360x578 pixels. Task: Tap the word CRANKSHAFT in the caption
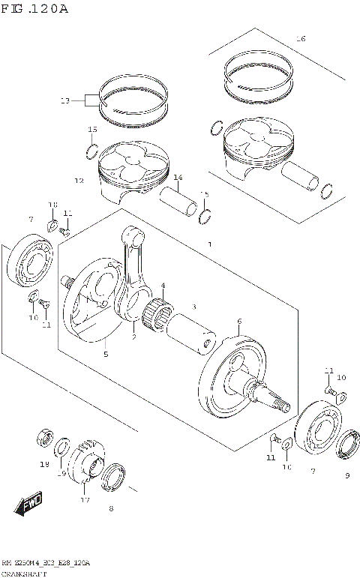pyautogui.click(x=25, y=573)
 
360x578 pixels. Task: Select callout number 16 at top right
pyautogui.click(x=301, y=38)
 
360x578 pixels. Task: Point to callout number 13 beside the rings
pyautogui.click(x=64, y=100)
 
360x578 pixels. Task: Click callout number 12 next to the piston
pyautogui.click(x=79, y=181)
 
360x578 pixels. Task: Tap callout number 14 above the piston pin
pyautogui.click(x=178, y=178)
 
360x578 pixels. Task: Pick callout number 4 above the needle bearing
pyautogui.click(x=163, y=286)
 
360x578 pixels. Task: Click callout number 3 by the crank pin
pyautogui.click(x=193, y=307)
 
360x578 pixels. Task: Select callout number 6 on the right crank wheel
pyautogui.click(x=238, y=322)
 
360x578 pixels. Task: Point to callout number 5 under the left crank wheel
pyautogui.click(x=106, y=354)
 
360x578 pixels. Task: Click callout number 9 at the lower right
pyautogui.click(x=346, y=475)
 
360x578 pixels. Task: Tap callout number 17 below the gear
pyautogui.click(x=85, y=499)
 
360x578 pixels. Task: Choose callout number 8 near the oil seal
pyautogui.click(x=111, y=509)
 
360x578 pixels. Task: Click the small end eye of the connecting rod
pyautogui.click(x=133, y=236)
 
